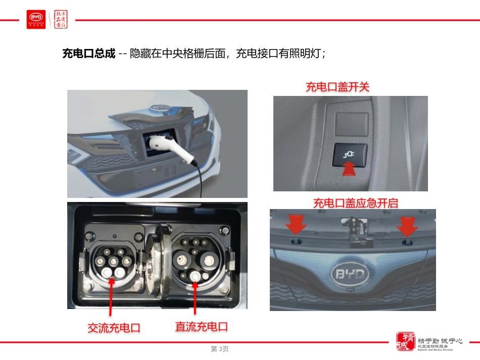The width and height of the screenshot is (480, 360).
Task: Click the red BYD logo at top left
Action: (x=36, y=19)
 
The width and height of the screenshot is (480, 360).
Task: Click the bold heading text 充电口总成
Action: (x=88, y=54)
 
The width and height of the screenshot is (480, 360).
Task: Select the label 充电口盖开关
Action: (x=338, y=87)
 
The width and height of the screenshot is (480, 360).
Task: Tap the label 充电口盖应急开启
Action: (x=355, y=203)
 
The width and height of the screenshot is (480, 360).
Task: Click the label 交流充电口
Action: (x=114, y=328)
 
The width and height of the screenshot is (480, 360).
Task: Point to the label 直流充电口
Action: (x=201, y=327)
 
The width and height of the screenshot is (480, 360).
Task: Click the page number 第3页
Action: (x=220, y=349)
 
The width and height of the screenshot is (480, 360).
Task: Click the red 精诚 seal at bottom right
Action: (x=405, y=342)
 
